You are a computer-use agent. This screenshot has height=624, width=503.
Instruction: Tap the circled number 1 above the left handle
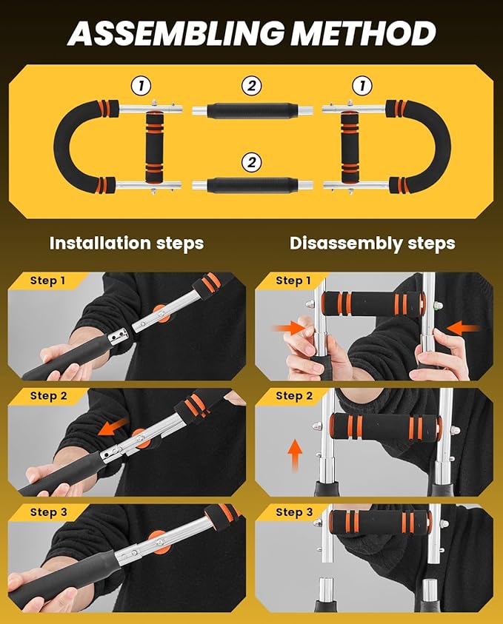tap(140, 86)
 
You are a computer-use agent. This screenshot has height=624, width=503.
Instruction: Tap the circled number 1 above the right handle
tap(362, 86)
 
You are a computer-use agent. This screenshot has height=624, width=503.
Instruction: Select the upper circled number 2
tap(252, 86)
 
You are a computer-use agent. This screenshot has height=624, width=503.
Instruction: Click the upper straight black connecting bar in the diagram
tap(251, 110)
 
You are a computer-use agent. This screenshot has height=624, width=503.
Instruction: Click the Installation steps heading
tap(126, 243)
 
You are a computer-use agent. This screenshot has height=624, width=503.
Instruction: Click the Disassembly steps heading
tap(372, 243)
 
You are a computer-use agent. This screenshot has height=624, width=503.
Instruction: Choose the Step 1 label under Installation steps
tap(48, 281)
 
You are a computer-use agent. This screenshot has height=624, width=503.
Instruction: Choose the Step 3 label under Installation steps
tap(48, 512)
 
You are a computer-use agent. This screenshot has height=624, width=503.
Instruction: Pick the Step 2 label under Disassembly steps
tap(294, 396)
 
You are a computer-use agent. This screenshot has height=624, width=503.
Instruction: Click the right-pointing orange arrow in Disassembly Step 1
tap(289, 326)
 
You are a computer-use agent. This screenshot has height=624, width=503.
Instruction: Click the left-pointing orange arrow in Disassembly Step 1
tap(464, 326)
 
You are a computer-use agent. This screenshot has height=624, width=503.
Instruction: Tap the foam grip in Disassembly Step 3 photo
tap(375, 523)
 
